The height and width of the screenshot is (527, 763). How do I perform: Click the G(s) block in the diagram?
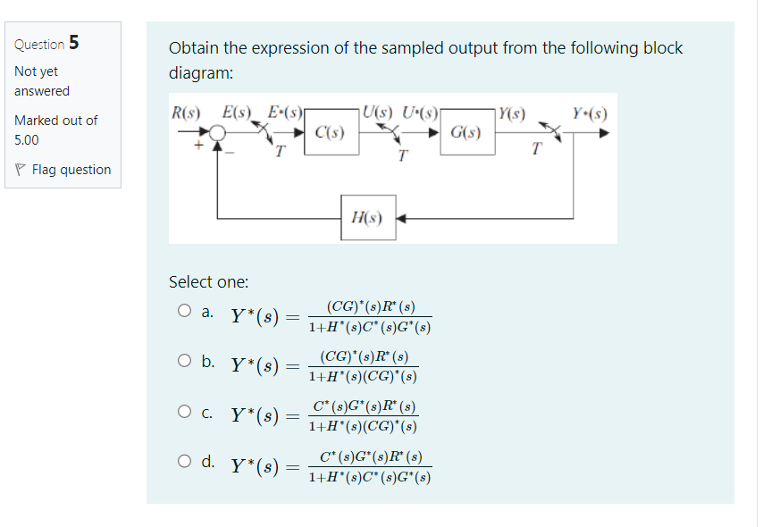(x=466, y=134)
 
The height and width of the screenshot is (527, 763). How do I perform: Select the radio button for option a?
(x=184, y=312)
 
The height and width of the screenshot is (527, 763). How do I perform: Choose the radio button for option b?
(x=184, y=362)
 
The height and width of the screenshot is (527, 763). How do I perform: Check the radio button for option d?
(x=184, y=462)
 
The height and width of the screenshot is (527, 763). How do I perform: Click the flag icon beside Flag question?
(x=21, y=170)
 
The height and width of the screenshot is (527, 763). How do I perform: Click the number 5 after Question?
(x=74, y=42)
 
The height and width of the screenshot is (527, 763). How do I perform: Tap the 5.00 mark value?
(x=27, y=139)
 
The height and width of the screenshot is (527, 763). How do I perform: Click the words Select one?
(x=208, y=281)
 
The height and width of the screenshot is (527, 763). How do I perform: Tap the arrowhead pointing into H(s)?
(x=401, y=217)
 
